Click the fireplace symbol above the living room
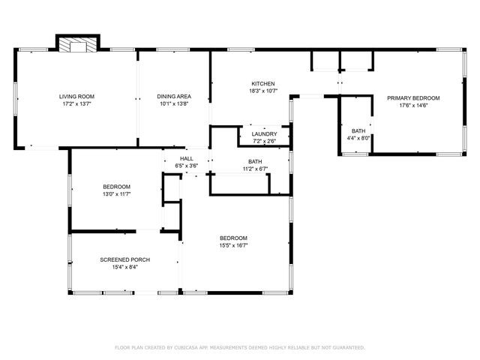click(79, 45)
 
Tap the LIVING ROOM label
click(76, 97)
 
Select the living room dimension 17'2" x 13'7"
click(76, 104)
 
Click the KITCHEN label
click(262, 83)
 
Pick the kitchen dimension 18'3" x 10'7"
click(262, 91)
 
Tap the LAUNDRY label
click(264, 134)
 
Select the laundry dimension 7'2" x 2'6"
click(264, 141)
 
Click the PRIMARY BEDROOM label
click(412, 98)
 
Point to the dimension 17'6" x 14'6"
click(412, 106)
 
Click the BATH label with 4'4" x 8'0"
click(358, 130)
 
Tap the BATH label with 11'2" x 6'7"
click(255, 162)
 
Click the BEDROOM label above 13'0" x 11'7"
click(116, 187)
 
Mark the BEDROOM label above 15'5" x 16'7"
click(233, 238)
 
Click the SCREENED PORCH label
click(124, 259)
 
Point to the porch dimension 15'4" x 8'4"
click(124, 266)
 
